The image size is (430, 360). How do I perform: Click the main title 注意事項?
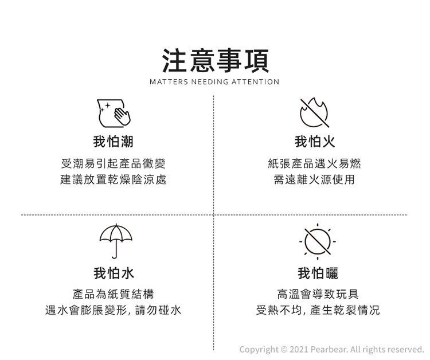click(x=215, y=61)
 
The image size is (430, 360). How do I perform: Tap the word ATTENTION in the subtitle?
click(x=255, y=82)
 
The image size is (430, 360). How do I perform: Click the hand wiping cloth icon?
click(x=114, y=114)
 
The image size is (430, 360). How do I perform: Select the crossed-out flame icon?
click(x=314, y=113)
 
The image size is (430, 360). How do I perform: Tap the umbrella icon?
click(x=116, y=241)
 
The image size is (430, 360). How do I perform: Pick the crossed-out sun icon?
click(x=318, y=241)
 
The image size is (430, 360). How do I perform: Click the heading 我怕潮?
click(x=114, y=142)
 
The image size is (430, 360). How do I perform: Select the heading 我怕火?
click(x=315, y=142)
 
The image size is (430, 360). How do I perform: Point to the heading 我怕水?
click(x=114, y=273)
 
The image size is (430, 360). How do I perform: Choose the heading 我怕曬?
click(x=318, y=273)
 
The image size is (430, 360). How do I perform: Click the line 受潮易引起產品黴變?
click(x=114, y=164)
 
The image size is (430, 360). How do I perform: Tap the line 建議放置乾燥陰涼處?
click(x=114, y=179)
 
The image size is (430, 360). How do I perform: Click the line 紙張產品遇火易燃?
click(x=314, y=164)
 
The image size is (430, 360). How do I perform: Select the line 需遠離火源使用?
click(x=314, y=179)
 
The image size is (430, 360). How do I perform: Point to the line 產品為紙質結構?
click(x=114, y=294)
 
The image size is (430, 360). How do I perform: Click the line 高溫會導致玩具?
click(x=318, y=294)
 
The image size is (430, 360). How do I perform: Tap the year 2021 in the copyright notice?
click(x=299, y=350)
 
